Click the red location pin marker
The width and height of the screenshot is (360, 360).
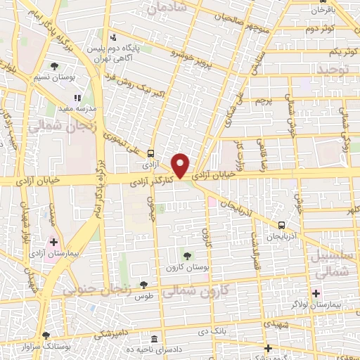tap(181, 165)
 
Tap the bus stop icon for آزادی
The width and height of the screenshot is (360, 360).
tap(150, 154)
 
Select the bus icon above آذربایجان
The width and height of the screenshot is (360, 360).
tap(281, 225)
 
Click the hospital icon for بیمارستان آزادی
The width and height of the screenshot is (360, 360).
tap(53, 242)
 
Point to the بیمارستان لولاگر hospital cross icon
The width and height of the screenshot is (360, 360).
tap(316, 292)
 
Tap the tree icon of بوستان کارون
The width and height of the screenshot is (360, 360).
tap(186, 255)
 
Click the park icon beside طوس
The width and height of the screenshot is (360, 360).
tap(144, 285)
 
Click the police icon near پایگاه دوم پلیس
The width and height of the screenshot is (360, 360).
tap(112, 38)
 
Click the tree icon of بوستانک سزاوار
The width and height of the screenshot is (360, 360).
tap(46, 336)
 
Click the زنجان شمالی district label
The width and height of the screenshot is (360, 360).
tap(54, 127)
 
